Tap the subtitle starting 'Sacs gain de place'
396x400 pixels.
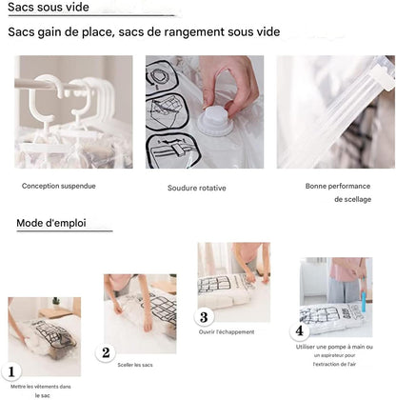click(144, 32)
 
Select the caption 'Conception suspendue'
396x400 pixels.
click(59, 187)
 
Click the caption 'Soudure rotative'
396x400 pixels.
click(196, 188)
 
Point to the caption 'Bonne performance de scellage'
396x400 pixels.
click(336, 192)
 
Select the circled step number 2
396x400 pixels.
click(106, 352)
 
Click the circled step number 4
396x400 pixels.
click(300, 331)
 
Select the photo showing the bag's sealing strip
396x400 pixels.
click(335, 111)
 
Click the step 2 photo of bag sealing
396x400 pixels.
click(140, 312)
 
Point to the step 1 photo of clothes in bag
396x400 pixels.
click(45, 335)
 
